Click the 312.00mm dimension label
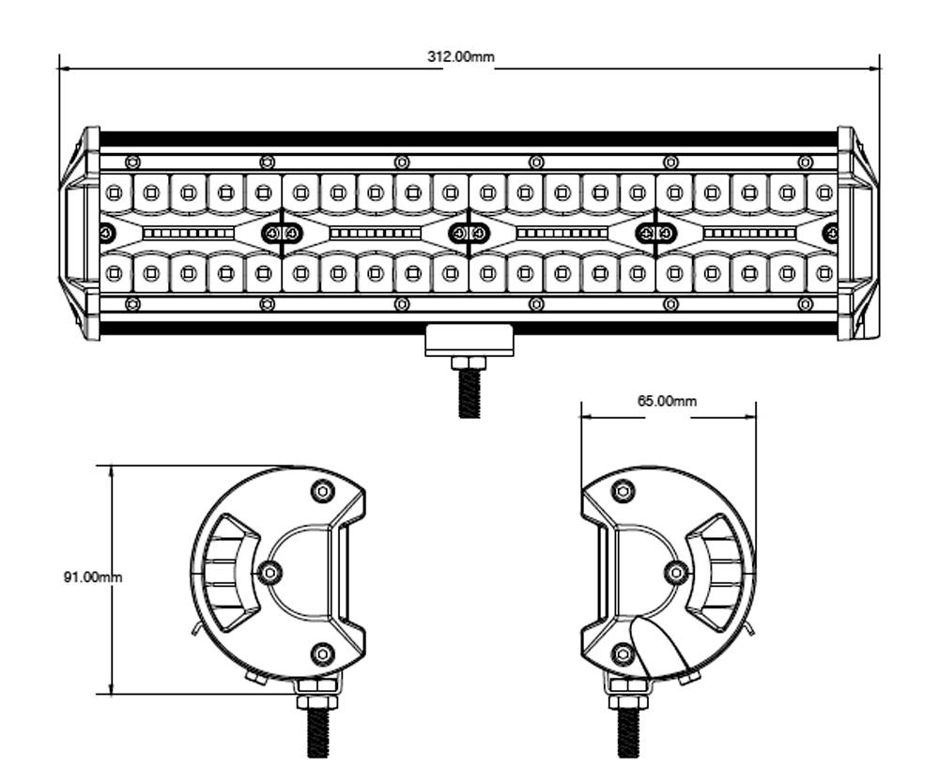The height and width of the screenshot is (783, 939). coord(460,56)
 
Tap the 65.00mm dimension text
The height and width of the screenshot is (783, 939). coord(667,401)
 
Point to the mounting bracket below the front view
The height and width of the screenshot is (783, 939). coord(469,340)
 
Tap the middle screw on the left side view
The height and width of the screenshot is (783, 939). coord(270,572)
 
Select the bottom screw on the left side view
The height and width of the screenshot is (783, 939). coord(322,653)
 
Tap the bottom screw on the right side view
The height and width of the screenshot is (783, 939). coord(623,653)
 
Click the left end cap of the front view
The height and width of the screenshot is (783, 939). coord(82,233)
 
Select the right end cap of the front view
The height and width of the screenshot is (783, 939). coord(857,233)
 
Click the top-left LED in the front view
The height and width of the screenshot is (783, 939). coord(114,193)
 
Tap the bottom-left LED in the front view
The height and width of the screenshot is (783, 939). coord(114,273)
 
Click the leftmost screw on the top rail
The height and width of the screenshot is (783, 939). coord(132,162)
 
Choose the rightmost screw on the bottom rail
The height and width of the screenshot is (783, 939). coord(805,304)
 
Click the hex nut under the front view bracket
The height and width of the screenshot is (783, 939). coord(469,363)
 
